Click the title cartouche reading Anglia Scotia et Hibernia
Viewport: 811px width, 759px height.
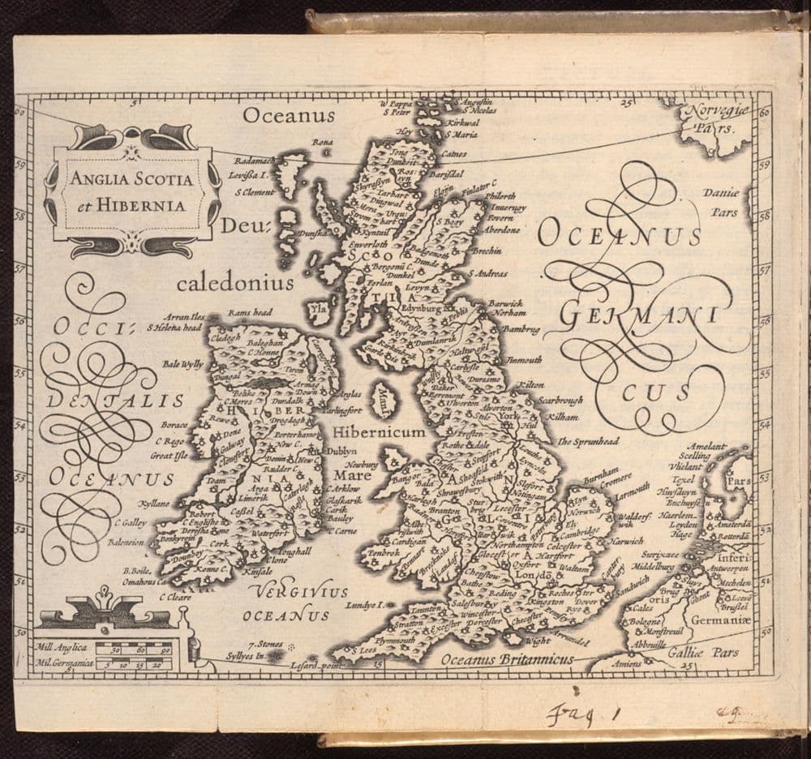coord(131,191)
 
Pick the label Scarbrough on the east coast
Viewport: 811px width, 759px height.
coord(560,401)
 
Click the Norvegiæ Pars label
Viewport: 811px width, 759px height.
coord(712,121)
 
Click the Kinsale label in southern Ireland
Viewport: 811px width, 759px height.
coord(257,572)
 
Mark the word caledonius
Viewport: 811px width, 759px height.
coord(235,283)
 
